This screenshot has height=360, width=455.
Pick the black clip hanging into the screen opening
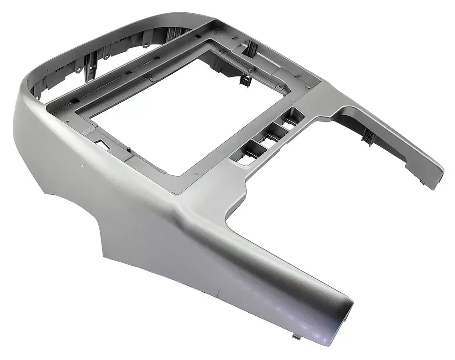click(246, 79)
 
